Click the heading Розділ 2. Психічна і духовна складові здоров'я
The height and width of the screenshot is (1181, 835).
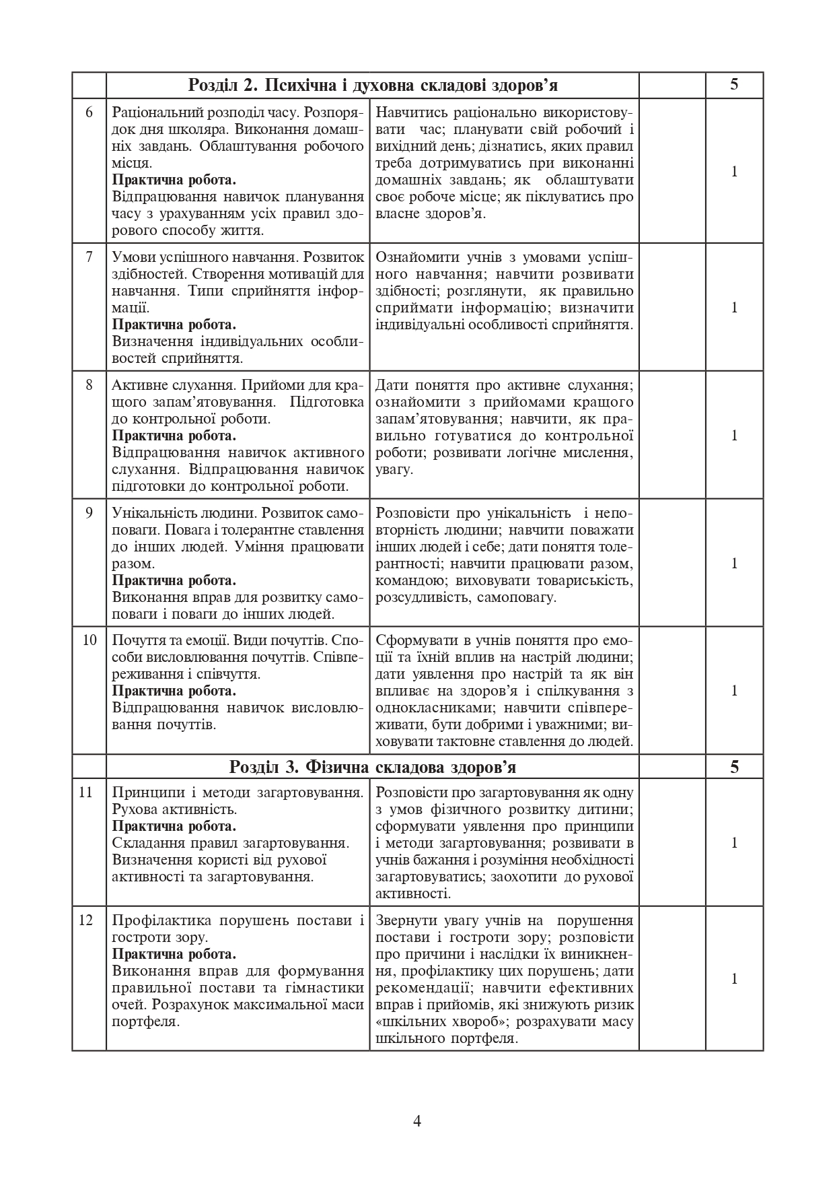(x=373, y=86)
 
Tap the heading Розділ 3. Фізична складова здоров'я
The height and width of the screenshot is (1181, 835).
(x=373, y=767)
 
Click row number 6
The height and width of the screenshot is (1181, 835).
(x=89, y=112)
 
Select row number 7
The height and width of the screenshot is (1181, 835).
(x=89, y=257)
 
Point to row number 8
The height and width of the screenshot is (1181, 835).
(x=89, y=385)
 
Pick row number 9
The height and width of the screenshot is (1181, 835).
(x=89, y=513)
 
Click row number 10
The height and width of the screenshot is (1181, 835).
(x=89, y=640)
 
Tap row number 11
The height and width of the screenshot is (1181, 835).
(x=86, y=792)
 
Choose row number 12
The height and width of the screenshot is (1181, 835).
(x=86, y=920)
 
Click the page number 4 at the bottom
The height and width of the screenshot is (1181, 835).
(x=417, y=1121)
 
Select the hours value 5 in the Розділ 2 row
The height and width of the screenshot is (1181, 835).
(x=734, y=85)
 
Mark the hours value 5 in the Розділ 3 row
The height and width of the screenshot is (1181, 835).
(x=734, y=767)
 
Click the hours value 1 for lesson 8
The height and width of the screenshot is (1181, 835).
(x=735, y=435)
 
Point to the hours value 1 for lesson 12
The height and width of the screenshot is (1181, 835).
(x=735, y=979)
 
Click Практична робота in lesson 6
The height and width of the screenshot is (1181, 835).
(x=174, y=180)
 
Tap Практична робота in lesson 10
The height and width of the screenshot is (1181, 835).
(x=174, y=691)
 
